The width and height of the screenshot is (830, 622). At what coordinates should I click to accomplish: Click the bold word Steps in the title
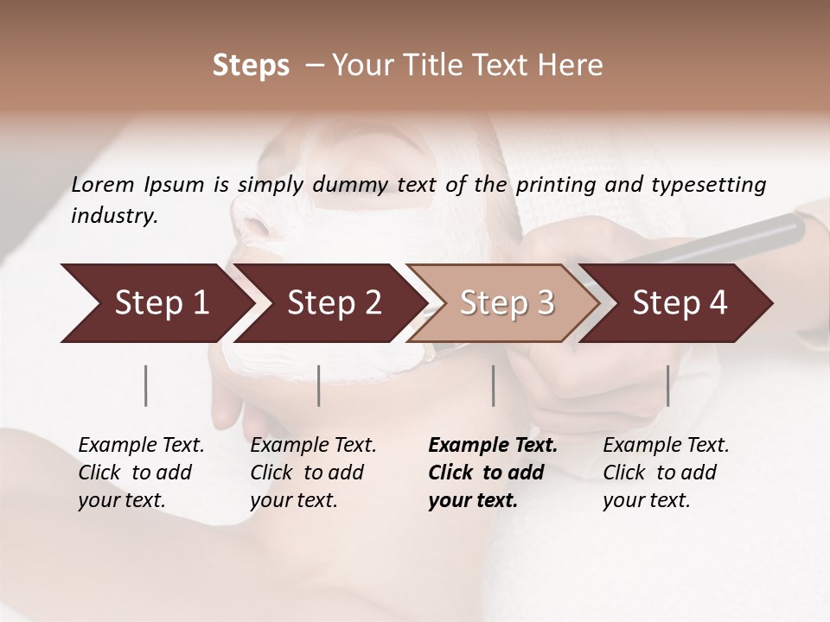click(x=251, y=66)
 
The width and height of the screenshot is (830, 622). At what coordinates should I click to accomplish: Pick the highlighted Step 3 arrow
click(x=506, y=303)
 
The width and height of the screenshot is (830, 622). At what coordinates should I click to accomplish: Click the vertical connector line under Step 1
click(x=146, y=385)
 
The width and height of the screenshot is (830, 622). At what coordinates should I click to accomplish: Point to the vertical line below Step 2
click(x=319, y=385)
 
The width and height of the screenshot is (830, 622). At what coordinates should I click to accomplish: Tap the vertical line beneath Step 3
click(x=493, y=385)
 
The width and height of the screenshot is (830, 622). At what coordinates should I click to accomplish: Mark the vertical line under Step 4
click(x=667, y=385)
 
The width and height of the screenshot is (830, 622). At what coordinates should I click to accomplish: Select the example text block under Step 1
click(x=141, y=473)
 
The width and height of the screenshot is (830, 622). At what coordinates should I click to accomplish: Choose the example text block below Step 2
click(x=313, y=473)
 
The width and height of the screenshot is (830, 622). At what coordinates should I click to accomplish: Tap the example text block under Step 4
click(x=666, y=473)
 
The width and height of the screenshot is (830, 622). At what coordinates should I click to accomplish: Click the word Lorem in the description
click(x=103, y=185)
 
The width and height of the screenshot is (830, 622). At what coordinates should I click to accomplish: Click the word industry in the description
click(x=114, y=216)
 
